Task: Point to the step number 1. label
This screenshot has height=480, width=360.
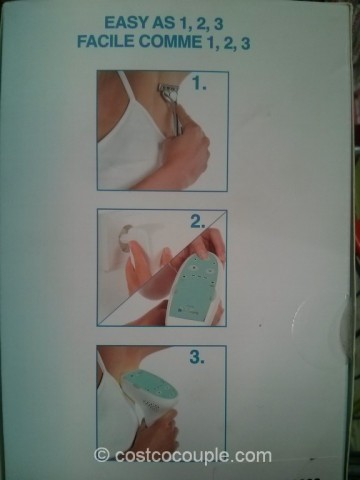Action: pyautogui.click(x=199, y=83)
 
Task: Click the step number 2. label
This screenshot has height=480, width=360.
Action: pyautogui.click(x=198, y=222)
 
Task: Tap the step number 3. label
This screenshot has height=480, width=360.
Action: pyautogui.click(x=197, y=357)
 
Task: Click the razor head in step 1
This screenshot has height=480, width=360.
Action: pyautogui.click(x=166, y=90)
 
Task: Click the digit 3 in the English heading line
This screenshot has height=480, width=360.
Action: pyautogui.click(x=219, y=24)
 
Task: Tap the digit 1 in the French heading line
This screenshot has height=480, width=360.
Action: pyautogui.click(x=207, y=42)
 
